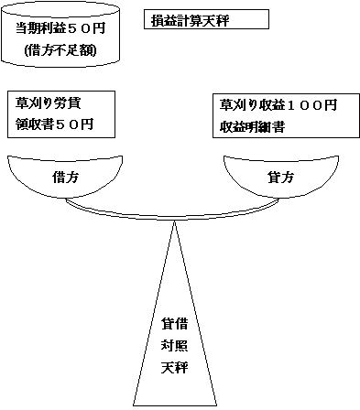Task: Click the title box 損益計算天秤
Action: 206,19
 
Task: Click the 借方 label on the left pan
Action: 65,177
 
